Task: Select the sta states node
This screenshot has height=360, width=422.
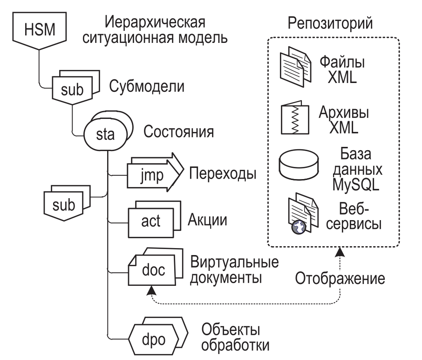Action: (105, 134)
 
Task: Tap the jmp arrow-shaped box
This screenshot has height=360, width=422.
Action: (148, 177)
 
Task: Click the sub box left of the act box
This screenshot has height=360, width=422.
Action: (63, 205)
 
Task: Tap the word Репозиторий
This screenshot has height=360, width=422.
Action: (332, 22)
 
